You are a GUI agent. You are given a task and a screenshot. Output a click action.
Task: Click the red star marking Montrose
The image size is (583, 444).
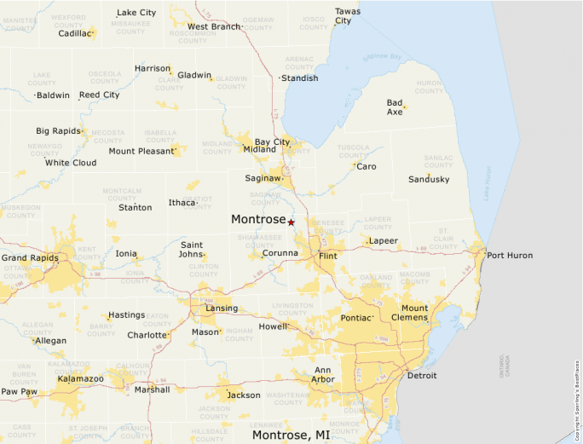[x=291, y=222]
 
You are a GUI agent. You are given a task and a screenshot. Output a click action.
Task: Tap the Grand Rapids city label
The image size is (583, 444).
[x=30, y=257]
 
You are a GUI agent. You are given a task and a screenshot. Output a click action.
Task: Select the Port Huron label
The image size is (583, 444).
[x=510, y=255]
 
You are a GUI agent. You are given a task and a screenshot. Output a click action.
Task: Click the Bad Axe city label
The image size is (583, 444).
[x=395, y=107]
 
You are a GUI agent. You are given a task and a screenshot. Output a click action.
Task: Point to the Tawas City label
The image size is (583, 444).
[x=347, y=15]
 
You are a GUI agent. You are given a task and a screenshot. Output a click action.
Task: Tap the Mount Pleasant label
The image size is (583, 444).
[x=140, y=151]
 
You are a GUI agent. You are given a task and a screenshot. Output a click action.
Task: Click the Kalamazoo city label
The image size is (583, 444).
[x=81, y=378]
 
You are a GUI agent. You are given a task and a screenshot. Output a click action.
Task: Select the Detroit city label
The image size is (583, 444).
[x=422, y=375]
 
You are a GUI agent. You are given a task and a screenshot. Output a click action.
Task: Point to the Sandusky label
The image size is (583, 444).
[x=429, y=179]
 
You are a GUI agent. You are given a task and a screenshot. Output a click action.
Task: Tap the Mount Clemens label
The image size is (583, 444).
[x=415, y=313]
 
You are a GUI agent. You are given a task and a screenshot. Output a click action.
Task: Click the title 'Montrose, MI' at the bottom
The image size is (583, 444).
[x=291, y=435]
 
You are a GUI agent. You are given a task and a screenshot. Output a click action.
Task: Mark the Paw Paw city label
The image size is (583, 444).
[x=19, y=391]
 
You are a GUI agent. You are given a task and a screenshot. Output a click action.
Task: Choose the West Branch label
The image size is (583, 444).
[x=214, y=26]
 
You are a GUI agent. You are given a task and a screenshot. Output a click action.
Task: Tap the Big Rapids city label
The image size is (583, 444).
[x=56, y=131]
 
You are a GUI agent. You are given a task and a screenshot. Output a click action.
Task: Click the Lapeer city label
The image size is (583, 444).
[x=383, y=241]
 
